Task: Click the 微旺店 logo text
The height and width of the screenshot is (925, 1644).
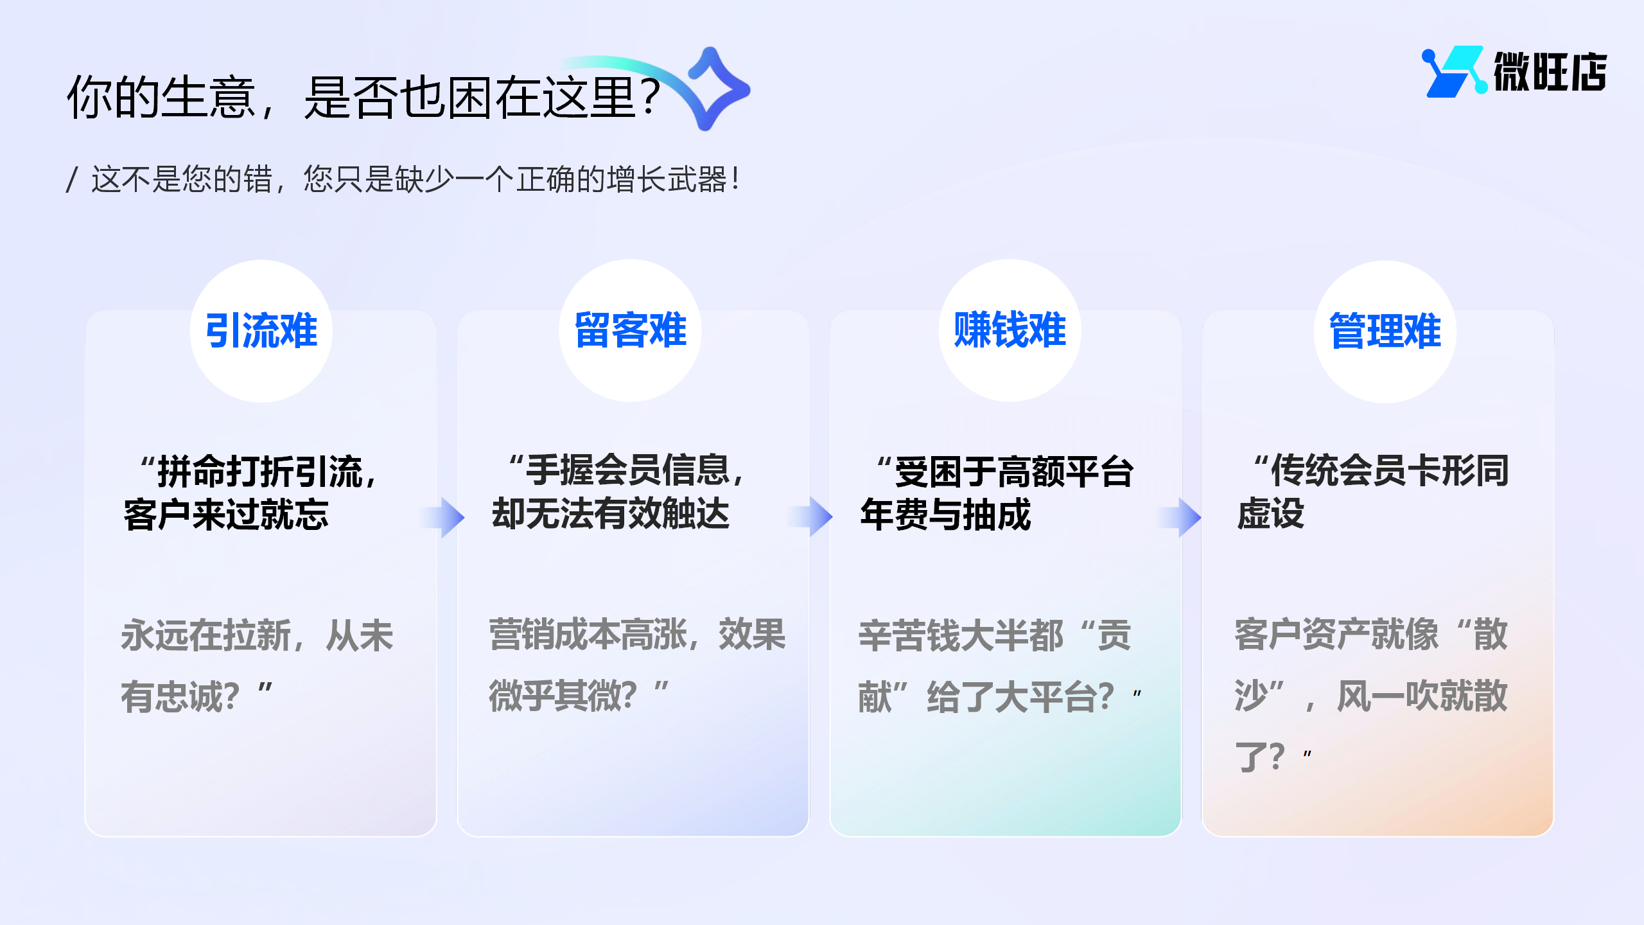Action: point(1549,72)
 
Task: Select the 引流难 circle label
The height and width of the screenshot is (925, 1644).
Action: point(261,331)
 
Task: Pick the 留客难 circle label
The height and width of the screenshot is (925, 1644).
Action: point(630,331)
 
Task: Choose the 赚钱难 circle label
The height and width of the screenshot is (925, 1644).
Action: point(1010,331)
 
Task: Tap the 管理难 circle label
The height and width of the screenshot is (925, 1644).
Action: point(1385,331)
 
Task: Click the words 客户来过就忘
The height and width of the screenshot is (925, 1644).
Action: point(226,515)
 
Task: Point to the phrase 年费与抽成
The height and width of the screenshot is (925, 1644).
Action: point(945,515)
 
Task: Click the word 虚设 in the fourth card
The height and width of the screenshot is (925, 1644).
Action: point(1270,514)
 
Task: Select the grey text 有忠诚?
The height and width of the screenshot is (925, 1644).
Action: point(180,697)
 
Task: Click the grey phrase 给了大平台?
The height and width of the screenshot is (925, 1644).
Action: point(1020,697)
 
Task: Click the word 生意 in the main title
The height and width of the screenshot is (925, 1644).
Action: point(208,98)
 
